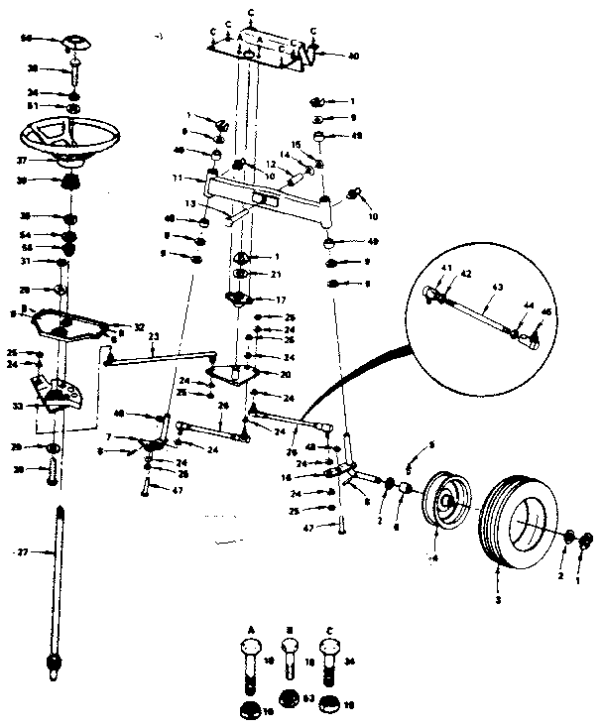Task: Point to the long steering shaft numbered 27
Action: tap(56, 585)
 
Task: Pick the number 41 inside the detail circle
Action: tap(445, 268)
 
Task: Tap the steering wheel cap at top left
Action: tap(75, 44)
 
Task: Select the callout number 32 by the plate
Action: tap(138, 325)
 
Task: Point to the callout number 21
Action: tap(278, 273)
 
